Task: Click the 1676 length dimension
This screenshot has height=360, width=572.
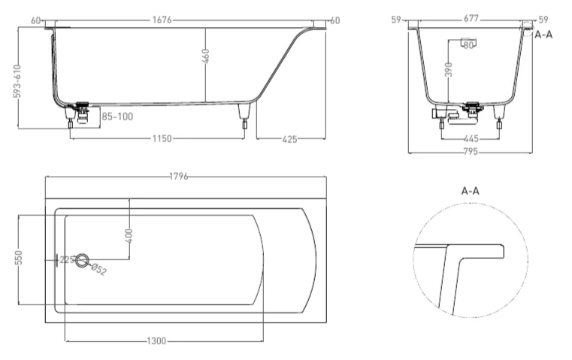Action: pos(162,20)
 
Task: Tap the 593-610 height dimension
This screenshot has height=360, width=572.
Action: pos(17,81)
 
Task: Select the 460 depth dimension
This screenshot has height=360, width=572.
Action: pos(205,56)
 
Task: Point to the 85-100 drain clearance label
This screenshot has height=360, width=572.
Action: pos(117,116)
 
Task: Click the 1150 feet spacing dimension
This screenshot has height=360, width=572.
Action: pos(162,138)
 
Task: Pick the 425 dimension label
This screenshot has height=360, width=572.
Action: pos(289,139)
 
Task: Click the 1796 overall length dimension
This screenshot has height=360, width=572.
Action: pos(179,177)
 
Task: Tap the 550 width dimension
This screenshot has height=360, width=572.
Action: pos(19,257)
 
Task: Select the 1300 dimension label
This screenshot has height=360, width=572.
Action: pos(156,341)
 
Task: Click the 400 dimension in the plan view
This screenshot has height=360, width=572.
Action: pos(129,236)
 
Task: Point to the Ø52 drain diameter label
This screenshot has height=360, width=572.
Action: pos(98,269)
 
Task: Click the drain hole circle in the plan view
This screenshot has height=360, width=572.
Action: pos(83,260)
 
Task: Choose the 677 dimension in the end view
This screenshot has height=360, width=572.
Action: pos(471,18)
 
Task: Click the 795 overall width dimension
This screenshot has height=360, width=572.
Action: pos(471,151)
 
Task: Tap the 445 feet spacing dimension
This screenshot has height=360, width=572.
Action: pos(471,138)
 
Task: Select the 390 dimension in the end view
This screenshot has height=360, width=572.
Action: pos(449,70)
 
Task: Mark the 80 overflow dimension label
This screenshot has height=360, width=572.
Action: pos(468,45)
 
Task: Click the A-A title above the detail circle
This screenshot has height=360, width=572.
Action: pos(471,191)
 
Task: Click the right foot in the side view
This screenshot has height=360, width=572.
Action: pos(244,116)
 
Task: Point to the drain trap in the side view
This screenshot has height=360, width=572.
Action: pos(83,114)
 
